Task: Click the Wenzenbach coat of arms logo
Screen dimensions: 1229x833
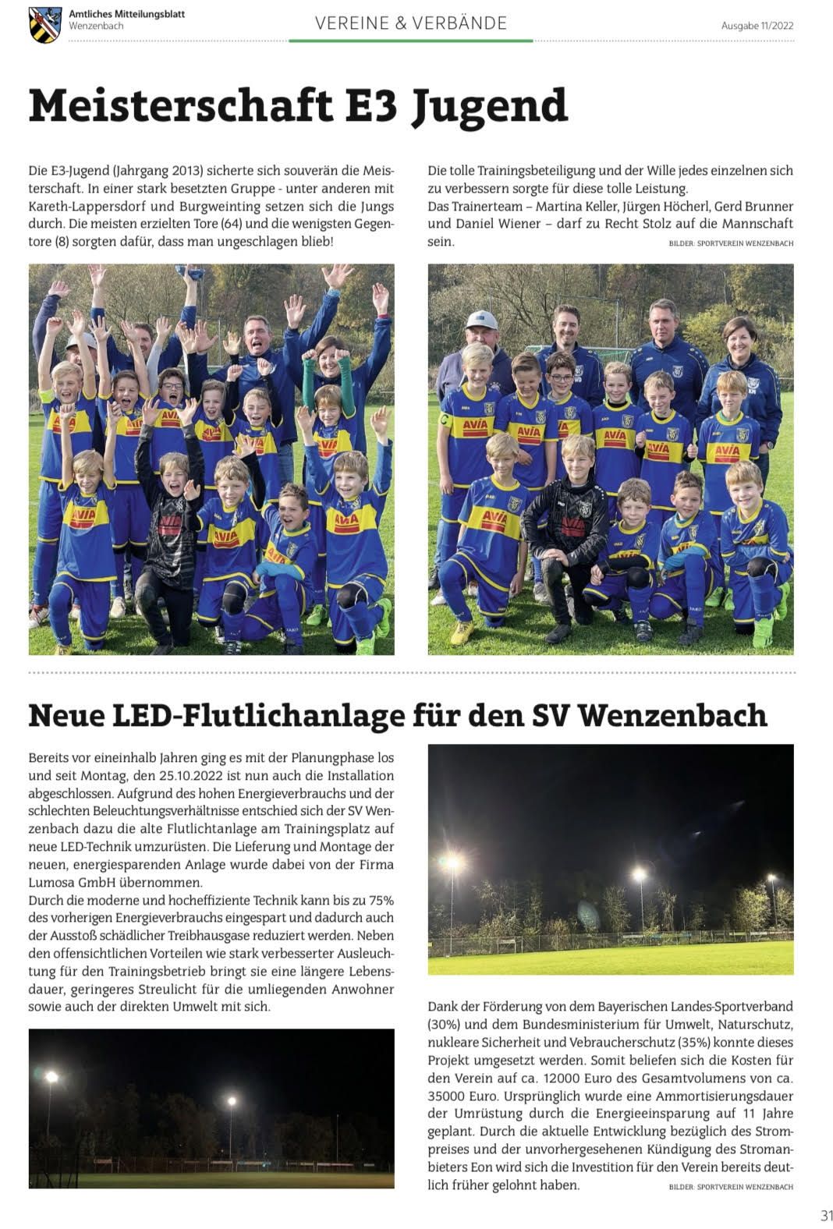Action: (x=45, y=24)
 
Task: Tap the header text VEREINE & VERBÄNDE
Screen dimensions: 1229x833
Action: (x=411, y=23)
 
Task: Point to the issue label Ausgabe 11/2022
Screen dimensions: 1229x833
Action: (x=757, y=26)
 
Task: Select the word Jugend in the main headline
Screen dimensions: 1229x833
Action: (x=489, y=107)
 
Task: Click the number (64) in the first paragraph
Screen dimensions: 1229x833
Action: (x=230, y=224)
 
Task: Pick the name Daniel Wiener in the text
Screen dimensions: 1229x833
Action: (x=497, y=224)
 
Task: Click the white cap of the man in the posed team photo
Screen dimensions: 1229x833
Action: (x=482, y=319)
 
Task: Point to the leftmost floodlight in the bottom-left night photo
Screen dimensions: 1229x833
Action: (x=51, y=1077)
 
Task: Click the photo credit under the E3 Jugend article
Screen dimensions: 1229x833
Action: (x=730, y=243)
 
